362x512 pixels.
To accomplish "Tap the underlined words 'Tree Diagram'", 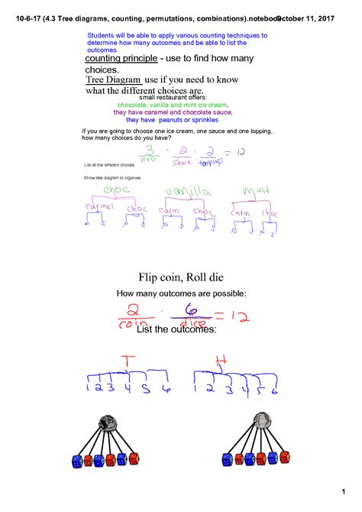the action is coord(114,79).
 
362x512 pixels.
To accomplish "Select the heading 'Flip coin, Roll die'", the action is coord(181,277).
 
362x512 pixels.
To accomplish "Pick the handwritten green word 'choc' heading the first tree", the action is coord(113,190).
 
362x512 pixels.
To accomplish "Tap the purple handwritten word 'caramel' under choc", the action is coord(99,207).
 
